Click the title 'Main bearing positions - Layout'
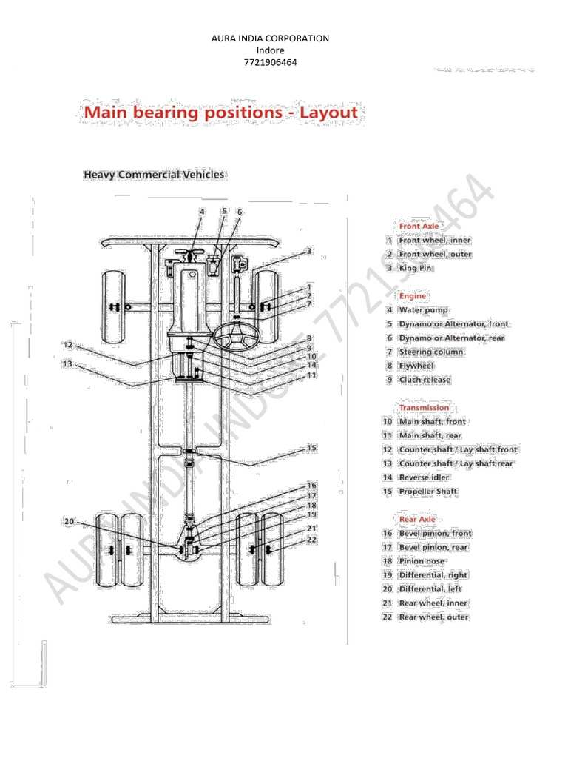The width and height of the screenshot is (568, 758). pyautogui.click(x=220, y=113)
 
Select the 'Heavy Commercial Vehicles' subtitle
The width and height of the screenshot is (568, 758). pyautogui.click(x=154, y=175)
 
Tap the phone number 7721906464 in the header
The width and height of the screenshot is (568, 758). pyautogui.click(x=270, y=62)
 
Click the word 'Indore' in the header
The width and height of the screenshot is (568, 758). pyautogui.click(x=270, y=50)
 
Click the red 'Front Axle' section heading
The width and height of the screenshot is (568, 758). pyautogui.click(x=419, y=226)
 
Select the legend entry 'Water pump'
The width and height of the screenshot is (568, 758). pyautogui.click(x=423, y=310)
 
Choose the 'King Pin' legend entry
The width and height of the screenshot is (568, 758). pyautogui.click(x=416, y=268)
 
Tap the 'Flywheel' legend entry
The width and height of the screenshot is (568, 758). pyautogui.click(x=416, y=366)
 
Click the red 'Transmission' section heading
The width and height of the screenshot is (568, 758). pyautogui.click(x=424, y=407)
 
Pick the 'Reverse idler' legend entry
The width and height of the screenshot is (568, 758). pyautogui.click(x=424, y=477)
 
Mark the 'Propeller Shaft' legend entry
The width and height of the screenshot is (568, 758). pyautogui.click(x=428, y=491)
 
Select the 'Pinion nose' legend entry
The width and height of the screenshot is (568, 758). pyautogui.click(x=422, y=561)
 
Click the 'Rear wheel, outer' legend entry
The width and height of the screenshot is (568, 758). pyautogui.click(x=433, y=617)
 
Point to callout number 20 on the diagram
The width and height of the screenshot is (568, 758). pyautogui.click(x=70, y=521)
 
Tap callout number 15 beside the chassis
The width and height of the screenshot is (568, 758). pyautogui.click(x=311, y=448)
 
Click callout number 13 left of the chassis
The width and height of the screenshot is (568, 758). pyautogui.click(x=68, y=363)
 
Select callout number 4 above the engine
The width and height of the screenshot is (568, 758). pyautogui.click(x=201, y=212)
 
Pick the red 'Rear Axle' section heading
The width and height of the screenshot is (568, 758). pyautogui.click(x=417, y=519)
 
